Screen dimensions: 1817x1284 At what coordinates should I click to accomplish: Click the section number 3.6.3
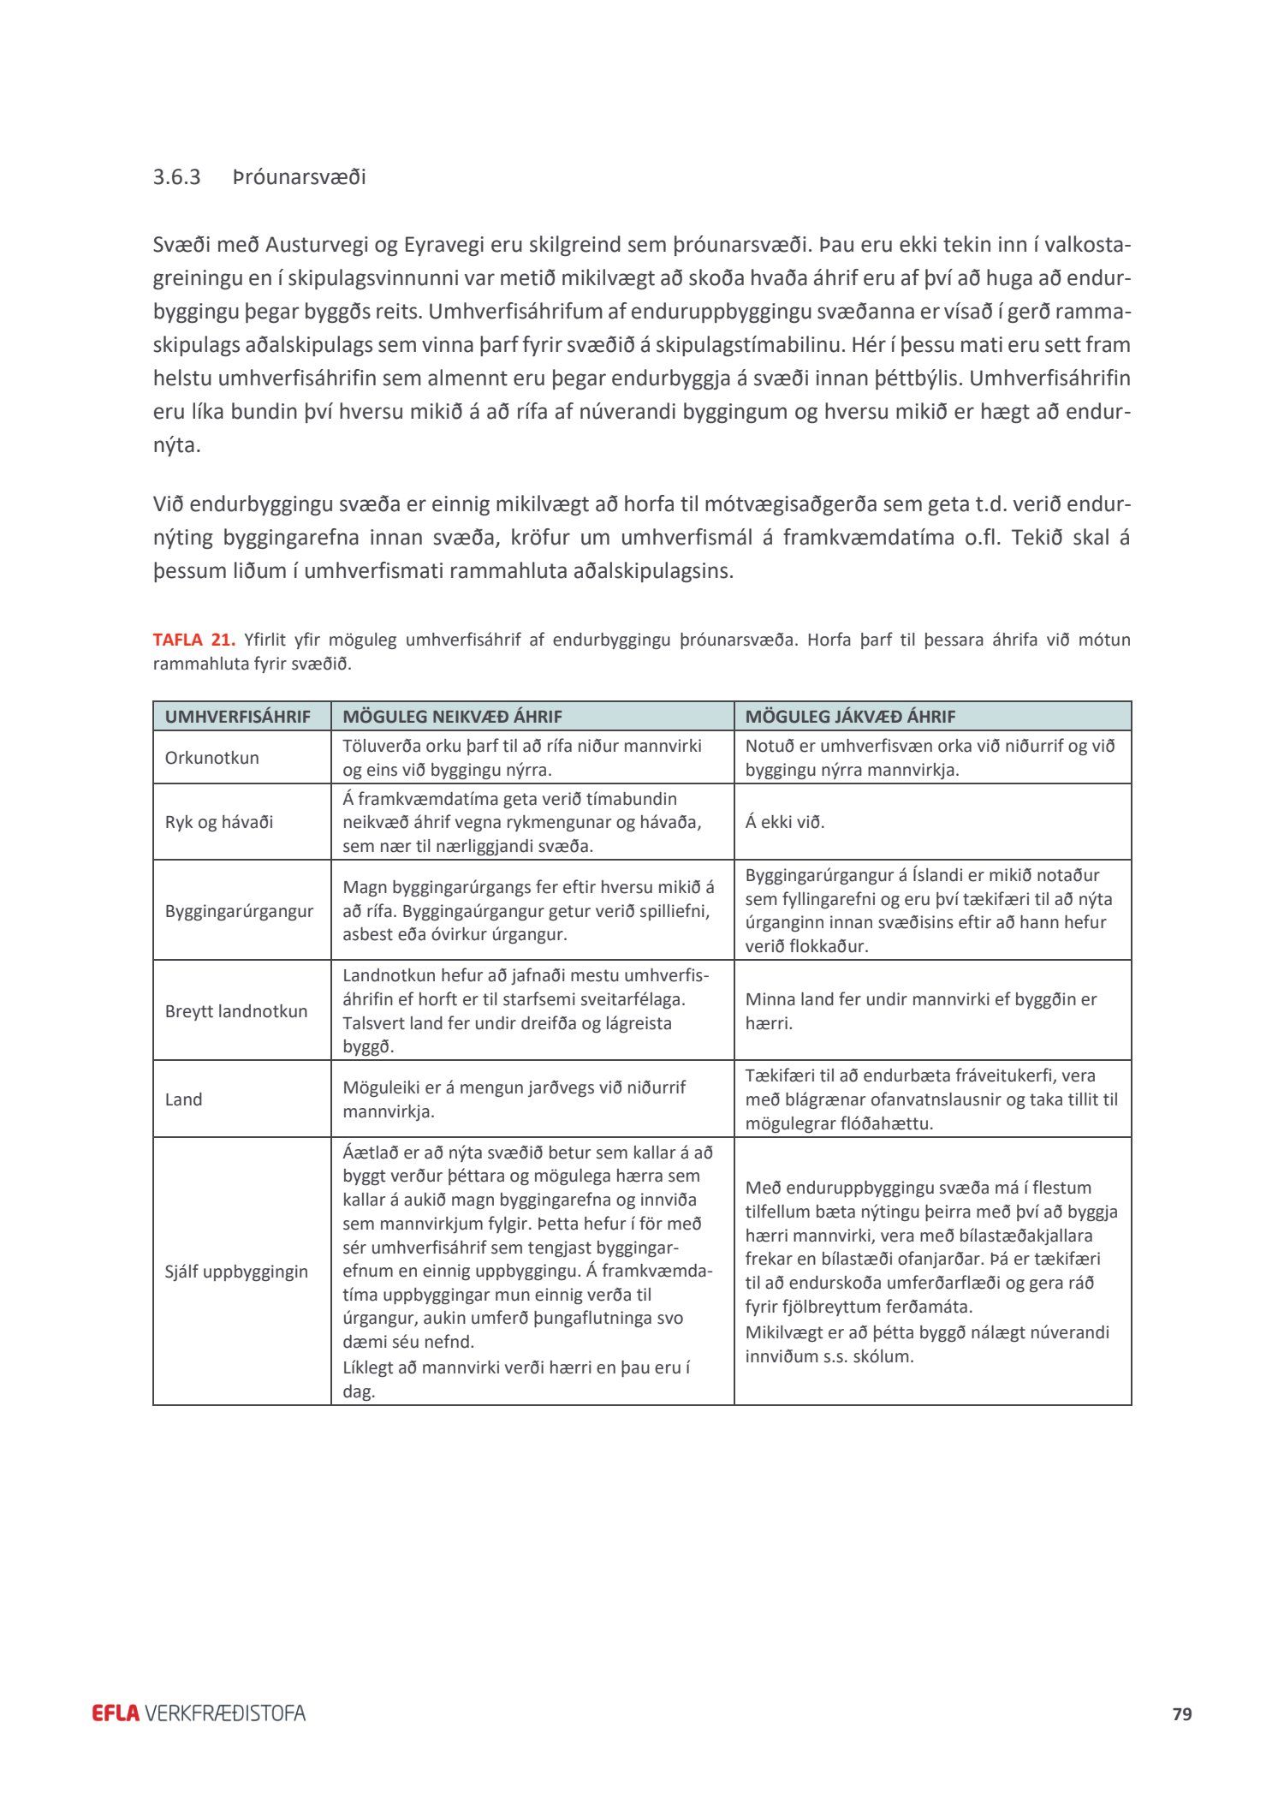click(176, 177)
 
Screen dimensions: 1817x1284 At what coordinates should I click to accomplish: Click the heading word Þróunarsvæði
click(299, 177)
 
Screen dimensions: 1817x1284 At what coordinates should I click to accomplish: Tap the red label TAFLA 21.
click(193, 640)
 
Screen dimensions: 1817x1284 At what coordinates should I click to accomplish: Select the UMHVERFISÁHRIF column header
click(237, 717)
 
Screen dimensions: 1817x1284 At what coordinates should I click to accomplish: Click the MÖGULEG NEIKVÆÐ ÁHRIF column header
click(452, 717)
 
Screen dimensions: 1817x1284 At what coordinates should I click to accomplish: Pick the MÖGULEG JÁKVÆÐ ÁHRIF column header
click(850, 717)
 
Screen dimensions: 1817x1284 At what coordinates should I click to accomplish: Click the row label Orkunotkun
click(211, 758)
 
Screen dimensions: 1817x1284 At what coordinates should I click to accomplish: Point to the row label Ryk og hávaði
click(219, 822)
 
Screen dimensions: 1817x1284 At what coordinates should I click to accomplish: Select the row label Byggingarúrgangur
click(239, 910)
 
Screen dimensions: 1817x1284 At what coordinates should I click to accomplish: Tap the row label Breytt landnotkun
click(235, 1011)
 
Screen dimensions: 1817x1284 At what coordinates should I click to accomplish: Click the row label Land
click(183, 1099)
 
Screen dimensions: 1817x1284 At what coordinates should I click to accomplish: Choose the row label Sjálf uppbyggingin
click(236, 1272)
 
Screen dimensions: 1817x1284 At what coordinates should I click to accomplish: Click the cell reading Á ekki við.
click(784, 822)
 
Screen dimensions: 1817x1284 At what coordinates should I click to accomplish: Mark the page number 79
click(1182, 1713)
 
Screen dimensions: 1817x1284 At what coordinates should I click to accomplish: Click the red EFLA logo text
click(116, 1713)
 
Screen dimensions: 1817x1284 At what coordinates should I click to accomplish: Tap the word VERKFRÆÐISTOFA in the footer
click(225, 1713)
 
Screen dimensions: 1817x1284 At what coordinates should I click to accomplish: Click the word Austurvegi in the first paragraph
click(317, 245)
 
